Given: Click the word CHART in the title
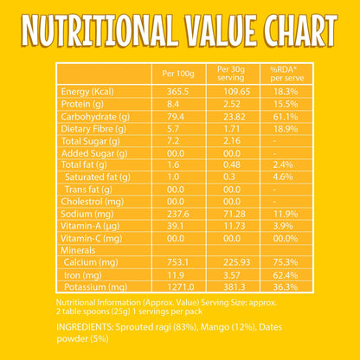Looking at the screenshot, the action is point(301,30).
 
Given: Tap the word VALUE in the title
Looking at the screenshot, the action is point(221,30).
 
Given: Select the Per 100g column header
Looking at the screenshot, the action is point(178,74).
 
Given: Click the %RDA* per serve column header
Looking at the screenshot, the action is point(287,74).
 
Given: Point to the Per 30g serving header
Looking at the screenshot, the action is point(231,74).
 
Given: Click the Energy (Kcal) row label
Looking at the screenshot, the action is point(87,92).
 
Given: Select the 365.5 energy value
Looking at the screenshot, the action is point(177,92).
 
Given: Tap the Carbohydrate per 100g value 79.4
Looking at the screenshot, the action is point(176,117).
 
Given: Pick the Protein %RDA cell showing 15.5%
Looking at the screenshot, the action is point(286,104).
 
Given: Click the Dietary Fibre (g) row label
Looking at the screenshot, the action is point(93,129).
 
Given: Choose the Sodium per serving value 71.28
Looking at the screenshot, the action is point(235,214).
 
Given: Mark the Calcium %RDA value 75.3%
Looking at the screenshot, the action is point(286,262).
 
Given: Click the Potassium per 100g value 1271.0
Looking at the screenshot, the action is point(181,287).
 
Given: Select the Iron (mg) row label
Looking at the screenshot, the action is point(83,275).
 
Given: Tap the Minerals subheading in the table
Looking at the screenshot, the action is point(78,250).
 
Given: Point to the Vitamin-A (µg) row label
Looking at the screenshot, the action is point(90,227).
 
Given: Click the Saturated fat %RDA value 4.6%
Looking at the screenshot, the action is point(283,177).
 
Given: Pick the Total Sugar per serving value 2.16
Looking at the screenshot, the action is point(232,141).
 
